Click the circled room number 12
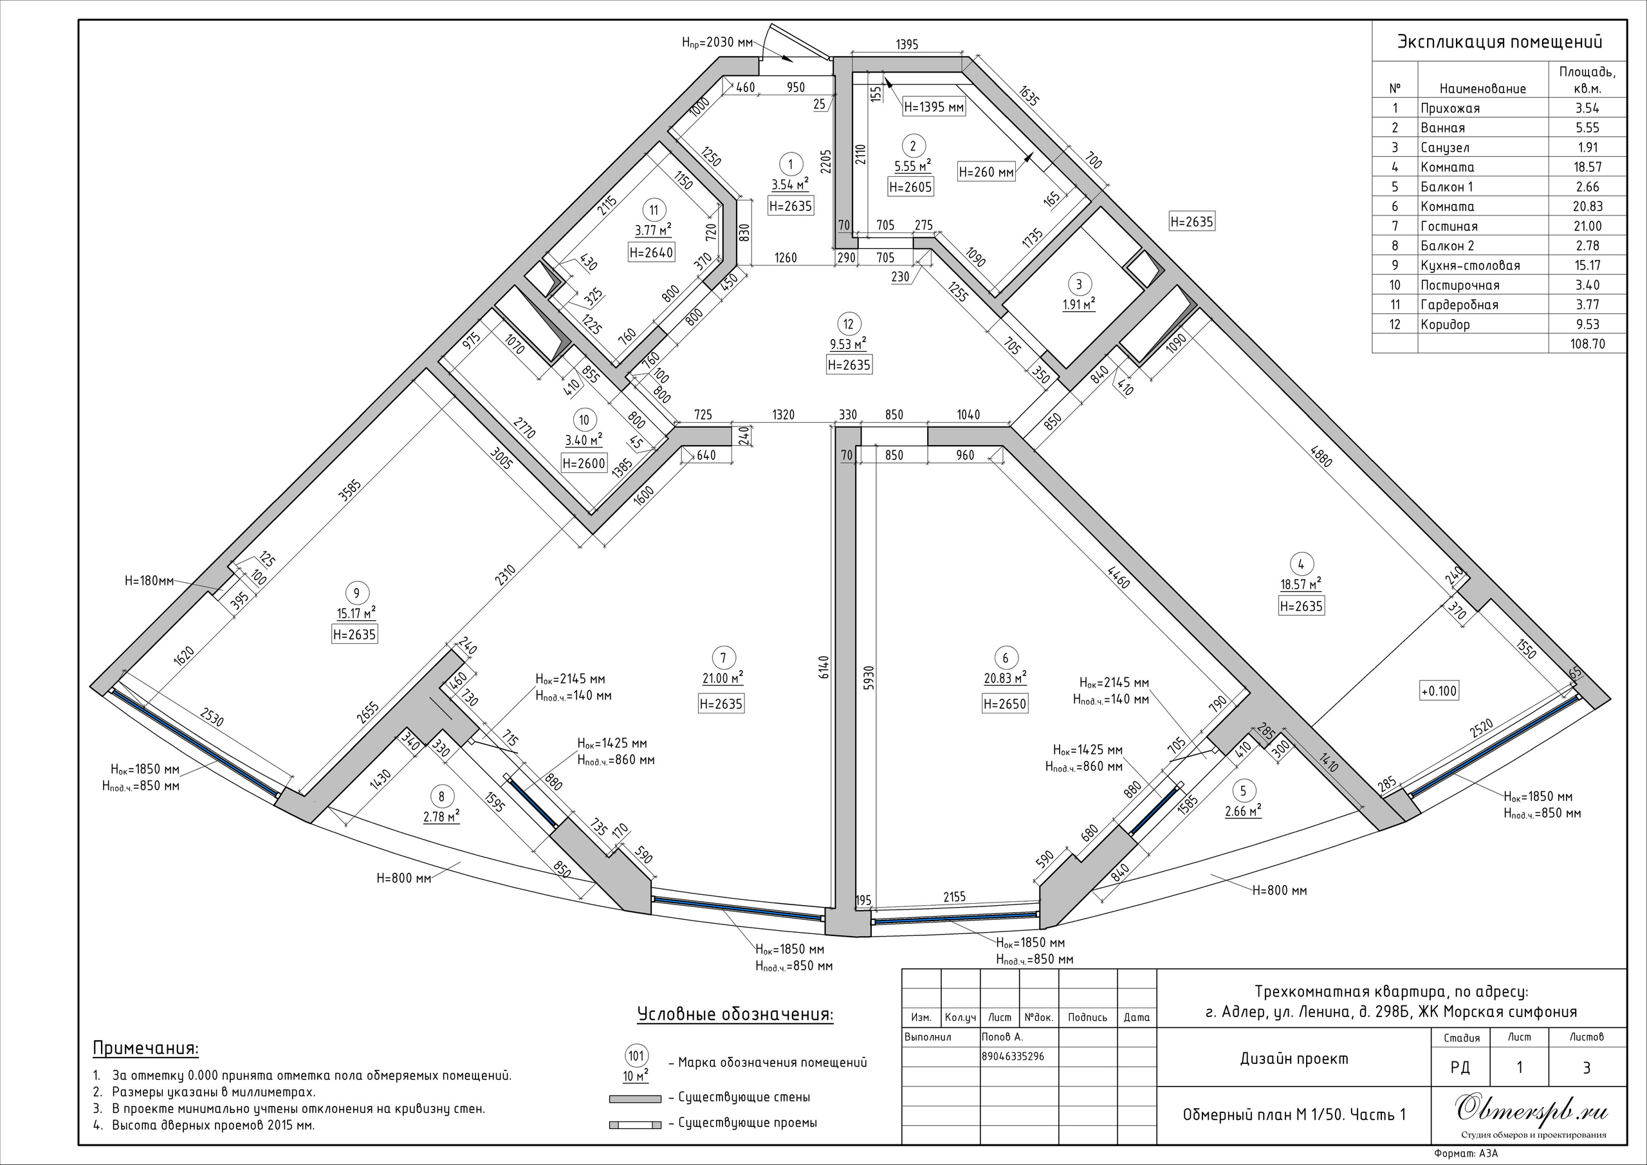click(849, 324)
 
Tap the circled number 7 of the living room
click(723, 658)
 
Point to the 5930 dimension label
click(869, 678)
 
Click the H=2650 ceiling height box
click(1004, 704)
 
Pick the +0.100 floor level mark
click(1439, 691)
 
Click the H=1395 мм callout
click(934, 107)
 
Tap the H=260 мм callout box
click(986, 172)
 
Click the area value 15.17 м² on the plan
click(356, 613)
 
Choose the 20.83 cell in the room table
click(1587, 206)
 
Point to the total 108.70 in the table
click(1587, 344)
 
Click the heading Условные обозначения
click(735, 1015)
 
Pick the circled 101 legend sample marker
click(636, 1056)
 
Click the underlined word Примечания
click(145, 1049)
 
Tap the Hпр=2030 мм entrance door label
click(717, 42)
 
